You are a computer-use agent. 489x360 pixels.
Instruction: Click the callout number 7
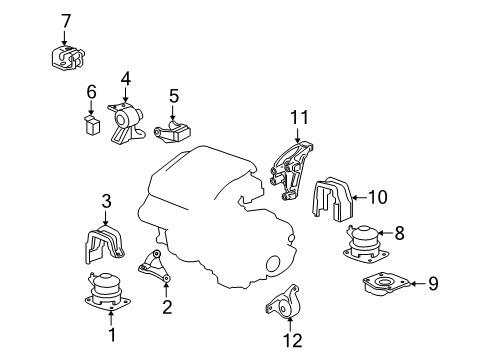(x=66, y=21)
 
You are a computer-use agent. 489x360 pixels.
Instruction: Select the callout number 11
(x=299, y=117)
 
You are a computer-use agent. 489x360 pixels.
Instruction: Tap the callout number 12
(x=293, y=340)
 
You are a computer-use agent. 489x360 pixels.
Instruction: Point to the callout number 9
(x=433, y=284)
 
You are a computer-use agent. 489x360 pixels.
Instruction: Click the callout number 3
(x=106, y=201)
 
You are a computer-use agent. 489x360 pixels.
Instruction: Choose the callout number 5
(x=174, y=96)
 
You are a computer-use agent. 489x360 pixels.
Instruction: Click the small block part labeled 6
(x=92, y=124)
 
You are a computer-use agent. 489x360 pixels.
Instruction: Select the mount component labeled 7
(x=68, y=57)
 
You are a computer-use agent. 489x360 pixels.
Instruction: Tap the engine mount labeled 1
(x=107, y=291)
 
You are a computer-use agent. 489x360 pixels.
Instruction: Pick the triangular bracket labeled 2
(x=154, y=267)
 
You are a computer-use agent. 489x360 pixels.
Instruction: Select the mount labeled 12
(x=284, y=303)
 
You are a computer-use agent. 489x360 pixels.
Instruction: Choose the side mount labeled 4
(x=126, y=124)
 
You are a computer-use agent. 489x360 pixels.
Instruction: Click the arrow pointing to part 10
(x=359, y=198)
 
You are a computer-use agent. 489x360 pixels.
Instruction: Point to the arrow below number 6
(x=92, y=107)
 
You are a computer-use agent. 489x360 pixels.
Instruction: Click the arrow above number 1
(x=111, y=317)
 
